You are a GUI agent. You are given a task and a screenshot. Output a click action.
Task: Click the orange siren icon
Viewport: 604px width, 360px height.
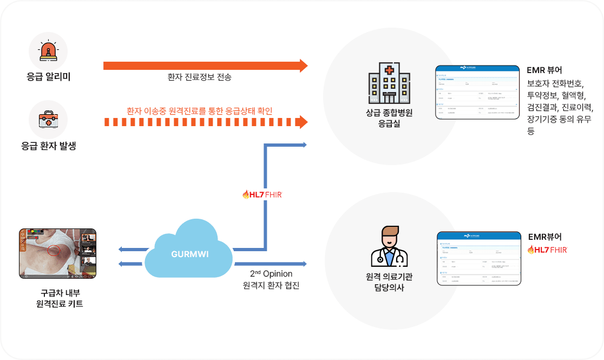tap(48, 51)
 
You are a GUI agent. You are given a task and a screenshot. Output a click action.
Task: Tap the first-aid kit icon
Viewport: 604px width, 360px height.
tap(48, 120)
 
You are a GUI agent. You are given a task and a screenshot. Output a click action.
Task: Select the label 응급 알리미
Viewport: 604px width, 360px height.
tap(49, 77)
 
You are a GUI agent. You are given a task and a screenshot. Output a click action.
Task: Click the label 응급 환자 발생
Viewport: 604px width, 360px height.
tap(48, 146)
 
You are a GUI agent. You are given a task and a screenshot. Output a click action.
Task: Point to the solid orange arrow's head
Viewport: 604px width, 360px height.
tap(303, 66)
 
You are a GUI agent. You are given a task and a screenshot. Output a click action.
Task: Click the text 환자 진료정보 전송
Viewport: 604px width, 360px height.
tap(199, 77)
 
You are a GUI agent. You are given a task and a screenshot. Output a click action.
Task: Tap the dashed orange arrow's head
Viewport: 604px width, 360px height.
tap(303, 122)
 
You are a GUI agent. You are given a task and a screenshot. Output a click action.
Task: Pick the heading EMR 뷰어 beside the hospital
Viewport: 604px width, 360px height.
tap(544, 70)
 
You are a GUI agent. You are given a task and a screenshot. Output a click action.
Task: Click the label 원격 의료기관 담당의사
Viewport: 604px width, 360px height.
tap(389, 282)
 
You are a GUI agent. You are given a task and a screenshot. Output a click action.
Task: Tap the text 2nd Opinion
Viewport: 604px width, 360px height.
tap(271, 273)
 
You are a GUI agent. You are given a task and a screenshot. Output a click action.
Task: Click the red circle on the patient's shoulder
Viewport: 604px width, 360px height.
tap(54, 250)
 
